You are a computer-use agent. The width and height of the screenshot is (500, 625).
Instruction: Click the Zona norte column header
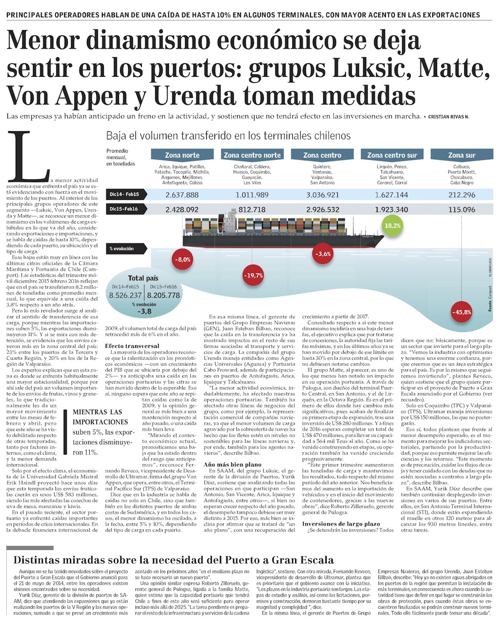click(182, 155)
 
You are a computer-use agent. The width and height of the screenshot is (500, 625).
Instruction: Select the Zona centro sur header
click(392, 155)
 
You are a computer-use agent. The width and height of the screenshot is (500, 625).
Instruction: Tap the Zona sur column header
click(461, 155)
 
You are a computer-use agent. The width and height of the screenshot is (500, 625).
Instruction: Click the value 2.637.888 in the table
click(182, 195)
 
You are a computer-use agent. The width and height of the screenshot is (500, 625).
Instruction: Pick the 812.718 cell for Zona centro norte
click(252, 210)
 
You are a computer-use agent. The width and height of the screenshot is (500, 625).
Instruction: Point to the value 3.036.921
click(322, 195)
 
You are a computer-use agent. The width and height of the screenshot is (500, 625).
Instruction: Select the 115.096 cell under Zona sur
click(461, 210)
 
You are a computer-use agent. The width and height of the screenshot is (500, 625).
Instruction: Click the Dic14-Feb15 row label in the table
click(124, 194)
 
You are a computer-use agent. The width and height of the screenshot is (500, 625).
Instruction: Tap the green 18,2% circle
click(392, 226)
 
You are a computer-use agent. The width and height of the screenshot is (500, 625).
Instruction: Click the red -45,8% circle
click(461, 312)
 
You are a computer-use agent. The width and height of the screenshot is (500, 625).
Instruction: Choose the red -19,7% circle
click(253, 275)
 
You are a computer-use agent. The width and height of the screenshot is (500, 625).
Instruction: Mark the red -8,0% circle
click(184, 260)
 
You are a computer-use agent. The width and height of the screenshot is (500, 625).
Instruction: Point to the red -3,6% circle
click(323, 254)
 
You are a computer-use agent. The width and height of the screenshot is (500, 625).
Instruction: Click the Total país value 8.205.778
click(163, 295)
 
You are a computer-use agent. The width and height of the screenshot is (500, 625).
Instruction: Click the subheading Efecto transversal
click(132, 346)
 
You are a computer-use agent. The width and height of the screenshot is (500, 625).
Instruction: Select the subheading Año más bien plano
click(232, 465)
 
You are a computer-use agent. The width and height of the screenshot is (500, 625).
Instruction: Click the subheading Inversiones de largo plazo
click(341, 524)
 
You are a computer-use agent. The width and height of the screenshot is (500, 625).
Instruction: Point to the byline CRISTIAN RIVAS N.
click(448, 117)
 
